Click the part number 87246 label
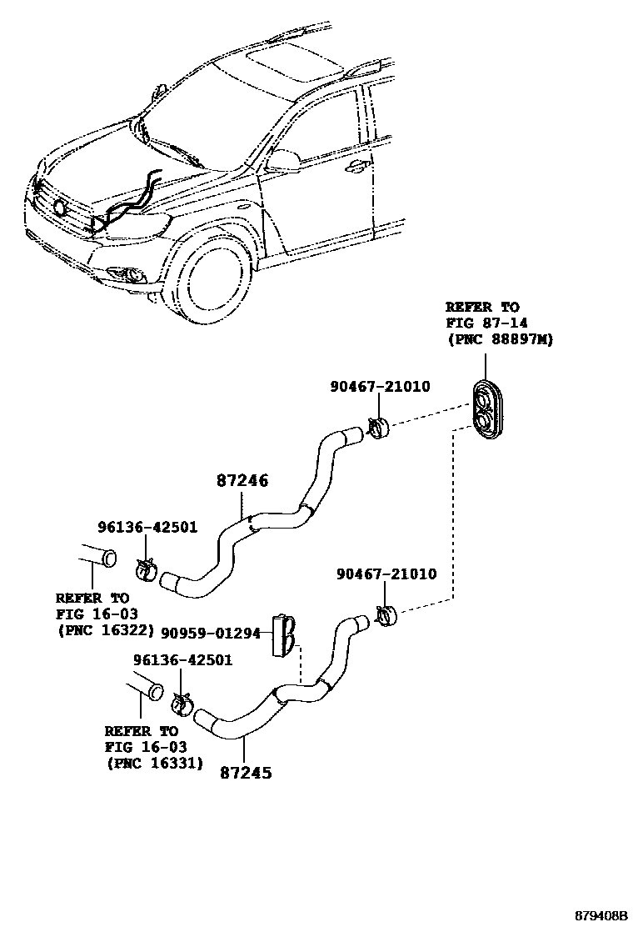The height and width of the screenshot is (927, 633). tap(242, 481)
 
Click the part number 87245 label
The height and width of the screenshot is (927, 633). tap(246, 772)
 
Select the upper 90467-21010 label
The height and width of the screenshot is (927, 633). tap(381, 387)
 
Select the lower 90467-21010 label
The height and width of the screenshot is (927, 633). tap(386, 574)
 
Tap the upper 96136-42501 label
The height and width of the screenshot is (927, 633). tap(147, 527)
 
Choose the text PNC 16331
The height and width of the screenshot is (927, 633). tap(154, 762)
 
